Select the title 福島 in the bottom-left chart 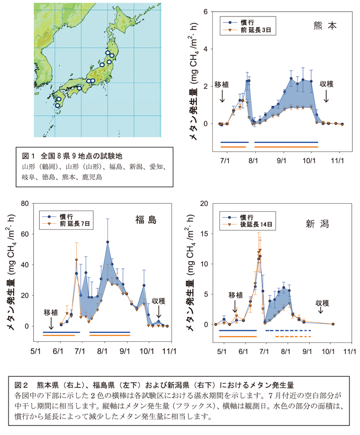pos(145,220)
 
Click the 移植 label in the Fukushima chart pos(51,312)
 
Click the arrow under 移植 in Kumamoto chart pos(222,96)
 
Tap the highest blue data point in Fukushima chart pos(107,242)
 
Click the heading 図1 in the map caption pos(28,157)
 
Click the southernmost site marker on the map pos(57,105)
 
